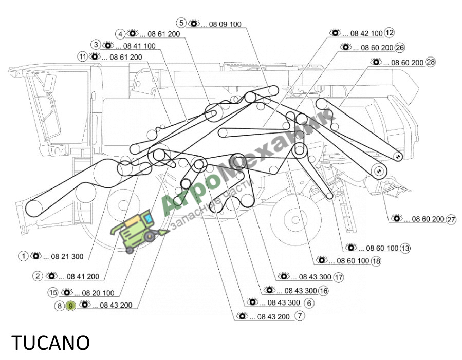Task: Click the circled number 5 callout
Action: coord(181,23)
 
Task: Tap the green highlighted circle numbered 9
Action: coord(70,306)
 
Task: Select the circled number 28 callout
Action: coord(431,62)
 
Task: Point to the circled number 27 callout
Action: coord(451,220)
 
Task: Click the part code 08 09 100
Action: coord(225,24)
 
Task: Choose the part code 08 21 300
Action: coord(67,256)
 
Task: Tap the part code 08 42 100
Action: coord(366,33)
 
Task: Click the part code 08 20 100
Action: coord(98,293)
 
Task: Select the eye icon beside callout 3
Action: coord(108,45)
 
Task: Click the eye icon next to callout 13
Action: coord(350,247)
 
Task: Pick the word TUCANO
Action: coord(50,343)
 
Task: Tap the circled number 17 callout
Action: coord(339,277)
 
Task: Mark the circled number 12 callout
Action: coord(389,33)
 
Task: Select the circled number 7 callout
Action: coord(300,316)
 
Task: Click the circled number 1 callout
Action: coord(23,256)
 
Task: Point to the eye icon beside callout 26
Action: coord(346,47)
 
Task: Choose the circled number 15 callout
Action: coord(53,292)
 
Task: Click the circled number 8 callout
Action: coord(59,306)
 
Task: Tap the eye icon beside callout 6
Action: coord(252,301)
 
